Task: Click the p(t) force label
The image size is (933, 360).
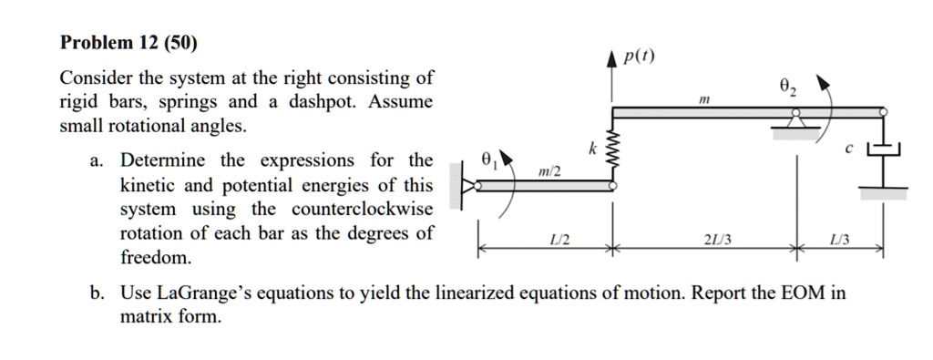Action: click(640, 57)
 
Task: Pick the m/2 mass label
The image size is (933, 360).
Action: click(551, 171)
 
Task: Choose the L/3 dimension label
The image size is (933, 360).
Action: click(839, 240)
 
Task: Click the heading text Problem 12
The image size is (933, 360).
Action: click(108, 43)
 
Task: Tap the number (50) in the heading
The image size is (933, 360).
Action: click(180, 43)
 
